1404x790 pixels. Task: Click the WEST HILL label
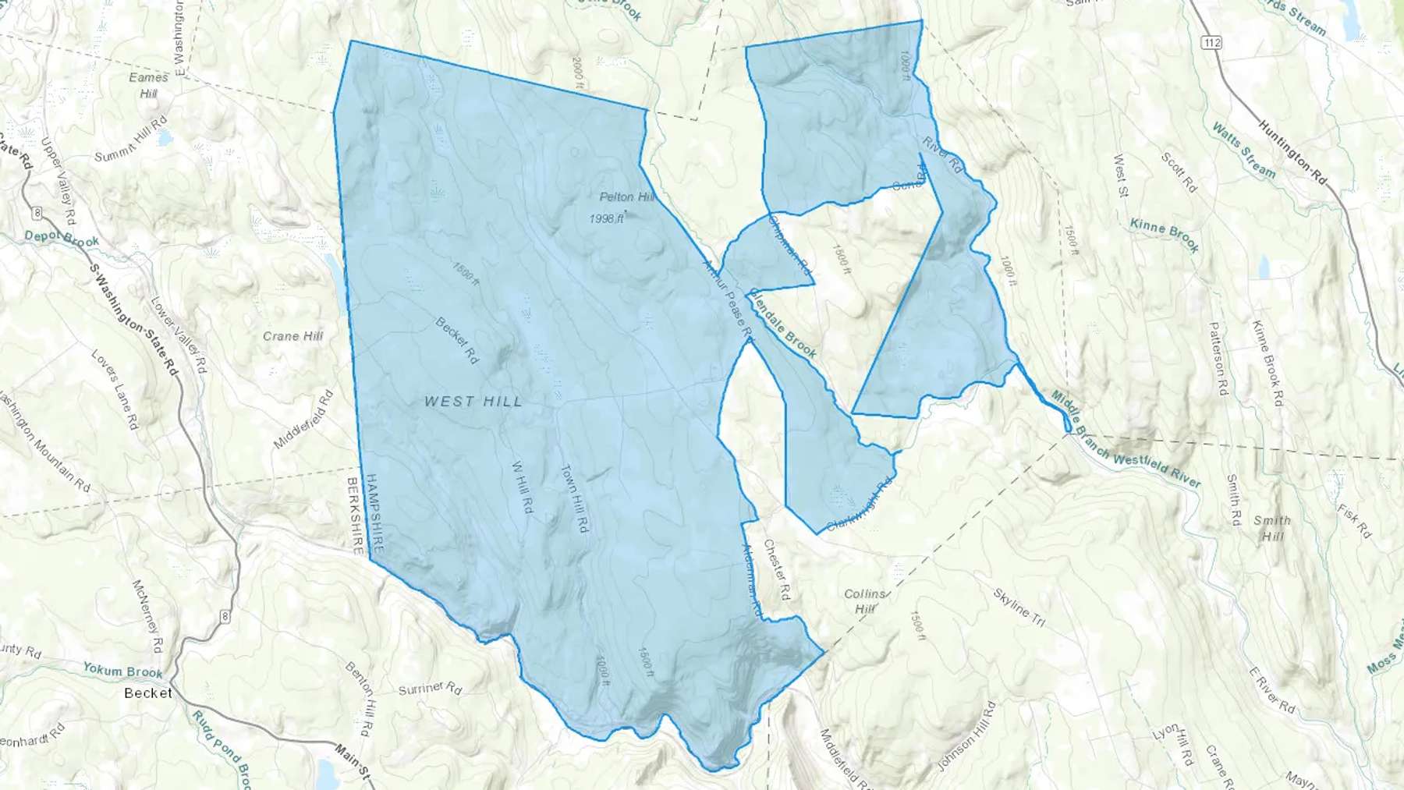coord(473,402)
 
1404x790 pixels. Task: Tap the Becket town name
coord(148,693)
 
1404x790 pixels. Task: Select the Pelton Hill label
coord(626,197)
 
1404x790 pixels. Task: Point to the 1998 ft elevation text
coord(606,219)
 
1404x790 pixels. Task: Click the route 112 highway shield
coord(1211,43)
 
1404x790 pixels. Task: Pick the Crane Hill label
coord(292,336)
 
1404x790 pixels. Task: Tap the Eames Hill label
coord(148,85)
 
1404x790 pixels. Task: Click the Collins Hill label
coord(865,601)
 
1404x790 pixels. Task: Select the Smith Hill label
coord(1272,528)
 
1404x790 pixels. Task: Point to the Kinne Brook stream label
coord(1164,235)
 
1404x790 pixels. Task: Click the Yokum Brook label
coord(122,670)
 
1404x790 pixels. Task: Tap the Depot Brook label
coord(62,239)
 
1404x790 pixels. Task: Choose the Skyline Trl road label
coord(1019,608)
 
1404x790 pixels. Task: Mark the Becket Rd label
coord(456,340)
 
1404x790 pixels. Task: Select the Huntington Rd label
coord(1292,151)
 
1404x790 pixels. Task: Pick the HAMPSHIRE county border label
coord(376,514)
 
